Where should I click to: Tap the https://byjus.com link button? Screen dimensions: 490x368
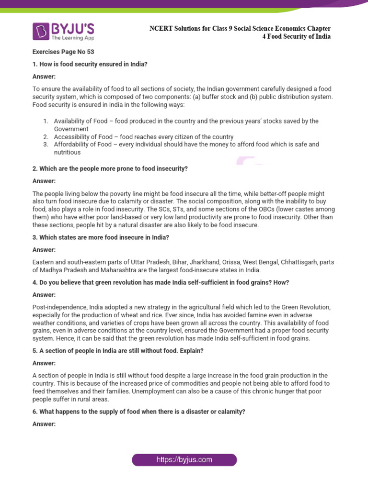click(x=184, y=460)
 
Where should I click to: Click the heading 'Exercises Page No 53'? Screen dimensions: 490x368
click(x=60, y=52)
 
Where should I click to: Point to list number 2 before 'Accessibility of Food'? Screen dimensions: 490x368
click(x=46, y=137)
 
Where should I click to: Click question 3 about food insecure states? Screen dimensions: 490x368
click(x=100, y=237)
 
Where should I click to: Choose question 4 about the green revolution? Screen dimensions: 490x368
click(x=161, y=283)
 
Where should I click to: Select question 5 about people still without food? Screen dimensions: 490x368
click(x=118, y=350)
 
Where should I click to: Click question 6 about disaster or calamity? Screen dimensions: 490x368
click(x=138, y=412)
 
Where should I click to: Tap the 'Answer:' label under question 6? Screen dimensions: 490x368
click(x=44, y=423)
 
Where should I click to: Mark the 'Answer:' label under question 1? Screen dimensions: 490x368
click(x=44, y=76)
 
